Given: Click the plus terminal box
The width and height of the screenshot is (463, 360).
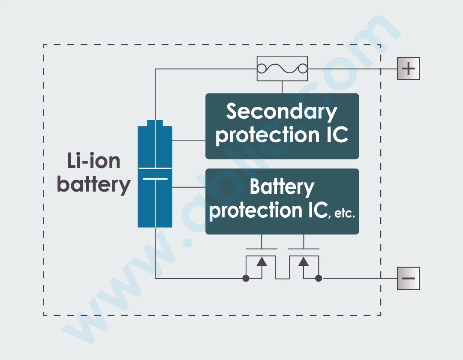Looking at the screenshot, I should pyautogui.click(x=409, y=69).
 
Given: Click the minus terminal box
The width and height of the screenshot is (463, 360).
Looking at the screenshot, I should pyautogui.click(x=409, y=279).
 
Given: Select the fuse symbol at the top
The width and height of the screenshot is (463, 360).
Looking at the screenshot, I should pyautogui.click(x=282, y=68).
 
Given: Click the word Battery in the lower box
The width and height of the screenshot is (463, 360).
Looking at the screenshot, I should pyautogui.click(x=282, y=187).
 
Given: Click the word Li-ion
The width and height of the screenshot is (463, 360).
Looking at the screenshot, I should pyautogui.click(x=94, y=161).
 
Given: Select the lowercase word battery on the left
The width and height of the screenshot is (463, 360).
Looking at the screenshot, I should pyautogui.click(x=94, y=185).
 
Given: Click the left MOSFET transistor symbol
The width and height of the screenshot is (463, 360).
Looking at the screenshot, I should pyautogui.click(x=261, y=264).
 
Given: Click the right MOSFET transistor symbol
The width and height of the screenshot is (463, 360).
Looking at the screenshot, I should pyautogui.click(x=304, y=264).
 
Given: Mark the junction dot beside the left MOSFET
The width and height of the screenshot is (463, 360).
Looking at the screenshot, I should pyautogui.click(x=246, y=279).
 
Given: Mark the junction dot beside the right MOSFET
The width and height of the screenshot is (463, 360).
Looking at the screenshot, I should pyautogui.click(x=319, y=279).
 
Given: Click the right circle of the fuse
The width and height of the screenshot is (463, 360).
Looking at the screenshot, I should pyautogui.click(x=302, y=68).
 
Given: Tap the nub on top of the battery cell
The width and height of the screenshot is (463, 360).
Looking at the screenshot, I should pyautogui.click(x=155, y=123).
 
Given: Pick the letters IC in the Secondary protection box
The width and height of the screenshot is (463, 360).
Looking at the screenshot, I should pyautogui.click(x=334, y=135).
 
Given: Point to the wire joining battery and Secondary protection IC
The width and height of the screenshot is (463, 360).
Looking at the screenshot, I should pyautogui.click(x=189, y=140).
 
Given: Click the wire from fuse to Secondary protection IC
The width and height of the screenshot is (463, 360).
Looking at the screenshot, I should pyautogui.click(x=282, y=87).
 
